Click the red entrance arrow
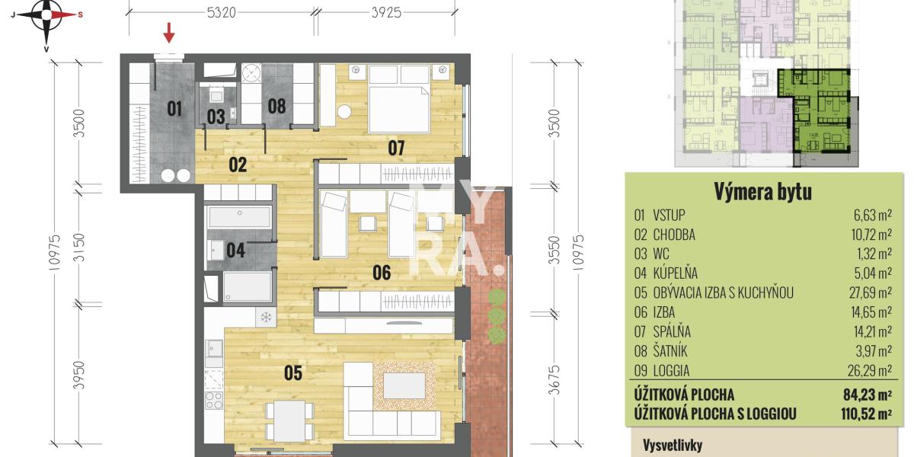[169, 33]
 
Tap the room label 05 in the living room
[293, 372]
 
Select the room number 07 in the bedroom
[395, 148]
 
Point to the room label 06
[382, 273]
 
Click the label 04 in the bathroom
[235, 250]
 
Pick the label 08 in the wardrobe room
[276, 106]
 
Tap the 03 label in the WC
[216, 117]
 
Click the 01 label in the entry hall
[174, 109]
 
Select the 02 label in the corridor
[238, 164]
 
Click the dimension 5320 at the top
[221, 12]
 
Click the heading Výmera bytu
[762, 192]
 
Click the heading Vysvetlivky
[672, 446]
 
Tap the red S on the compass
[81, 14]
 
